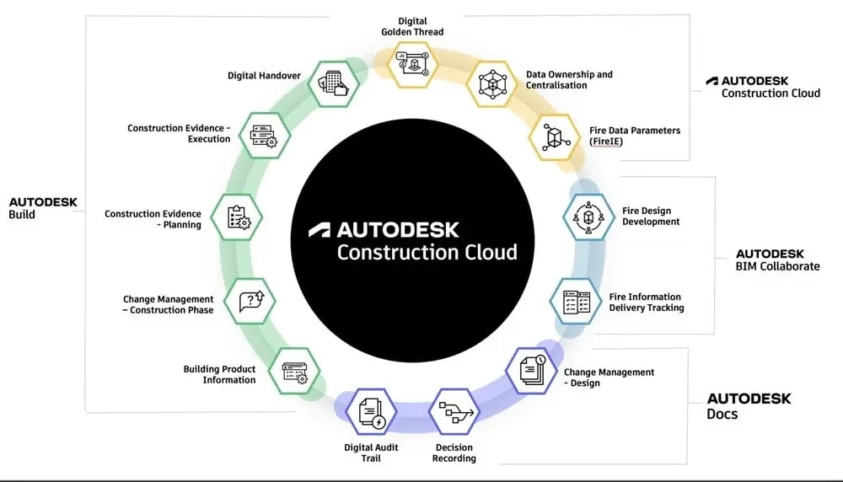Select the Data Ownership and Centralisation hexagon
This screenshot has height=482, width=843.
click(x=491, y=83)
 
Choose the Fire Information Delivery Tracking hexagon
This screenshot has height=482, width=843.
click(x=576, y=302)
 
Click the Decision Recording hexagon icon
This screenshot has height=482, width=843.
click(x=454, y=412)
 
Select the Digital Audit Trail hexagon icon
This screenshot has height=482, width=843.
click(x=371, y=412)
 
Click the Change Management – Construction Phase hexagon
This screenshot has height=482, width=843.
click(x=250, y=302)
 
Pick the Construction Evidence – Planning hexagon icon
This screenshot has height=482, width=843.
click(x=237, y=217)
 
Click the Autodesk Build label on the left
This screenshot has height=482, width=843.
click(x=43, y=208)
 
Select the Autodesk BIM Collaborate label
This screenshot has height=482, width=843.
click(x=777, y=260)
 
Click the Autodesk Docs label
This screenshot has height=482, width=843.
click(x=749, y=405)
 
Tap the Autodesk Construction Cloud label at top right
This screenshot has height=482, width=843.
click(x=763, y=87)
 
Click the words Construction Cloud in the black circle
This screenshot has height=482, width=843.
click(x=427, y=251)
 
